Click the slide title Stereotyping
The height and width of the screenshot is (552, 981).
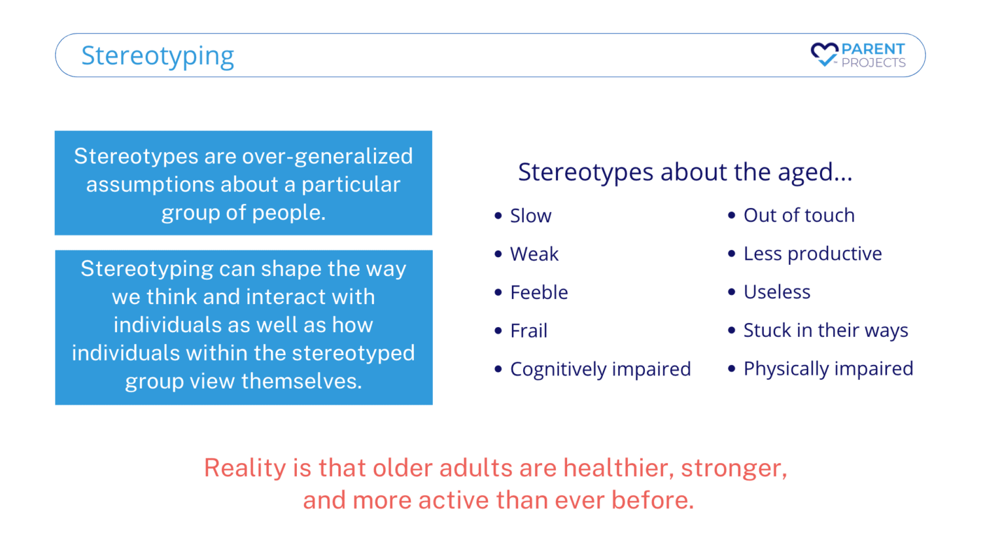158,56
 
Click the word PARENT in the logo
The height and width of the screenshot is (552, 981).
873,48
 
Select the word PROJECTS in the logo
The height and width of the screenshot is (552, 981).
873,63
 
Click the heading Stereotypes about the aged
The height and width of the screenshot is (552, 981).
685,172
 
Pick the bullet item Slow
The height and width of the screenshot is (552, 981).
530,216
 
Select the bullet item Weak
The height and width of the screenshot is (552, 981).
534,254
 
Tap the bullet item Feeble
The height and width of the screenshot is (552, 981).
539,292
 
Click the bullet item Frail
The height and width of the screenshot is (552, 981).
528,331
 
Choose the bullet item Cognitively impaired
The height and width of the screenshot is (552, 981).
600,369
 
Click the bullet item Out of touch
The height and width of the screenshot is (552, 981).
799,215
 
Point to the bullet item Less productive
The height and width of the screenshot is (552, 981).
813,254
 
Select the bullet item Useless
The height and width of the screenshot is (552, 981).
777,292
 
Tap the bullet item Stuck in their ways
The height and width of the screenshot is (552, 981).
826,330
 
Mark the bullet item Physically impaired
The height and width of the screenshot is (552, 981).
829,368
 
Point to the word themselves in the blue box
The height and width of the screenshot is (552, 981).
301,381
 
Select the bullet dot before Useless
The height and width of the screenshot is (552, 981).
731,292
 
